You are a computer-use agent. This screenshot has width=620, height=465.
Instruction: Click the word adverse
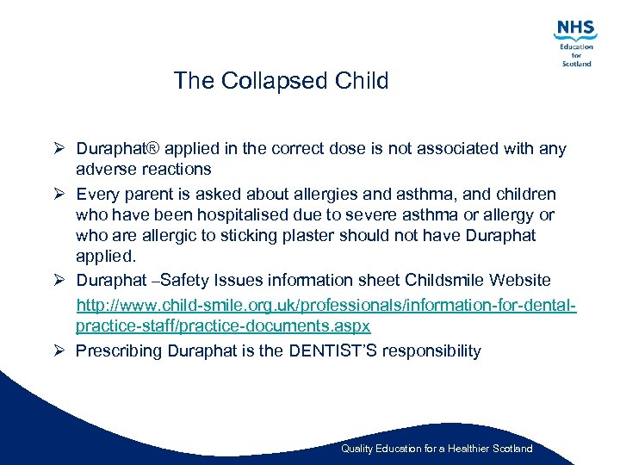[105, 169]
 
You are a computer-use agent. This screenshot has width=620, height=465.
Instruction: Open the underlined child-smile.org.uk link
[325, 306]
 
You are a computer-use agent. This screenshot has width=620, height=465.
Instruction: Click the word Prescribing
[119, 350]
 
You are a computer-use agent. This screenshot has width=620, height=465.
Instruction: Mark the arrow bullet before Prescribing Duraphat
[60, 350]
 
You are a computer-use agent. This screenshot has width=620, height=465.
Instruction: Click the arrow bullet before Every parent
[60, 194]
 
